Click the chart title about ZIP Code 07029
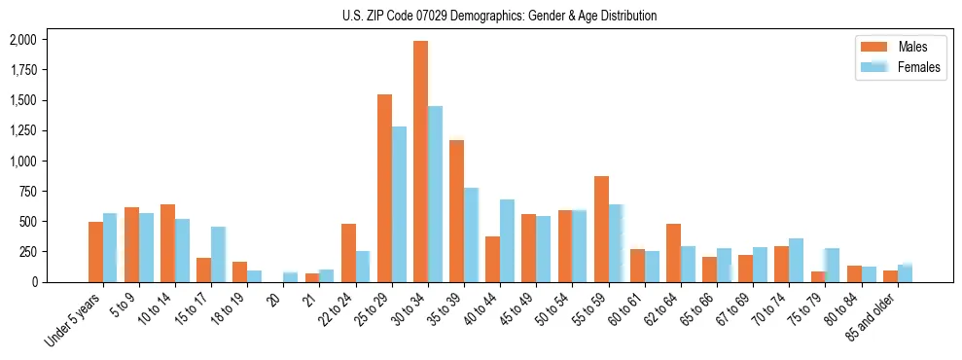coord(499,16)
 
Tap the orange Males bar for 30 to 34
coord(420,162)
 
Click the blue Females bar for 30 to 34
coord(435,194)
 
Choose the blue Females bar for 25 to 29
coord(399,204)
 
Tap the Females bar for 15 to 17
coord(218,254)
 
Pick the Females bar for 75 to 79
coord(832,265)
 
